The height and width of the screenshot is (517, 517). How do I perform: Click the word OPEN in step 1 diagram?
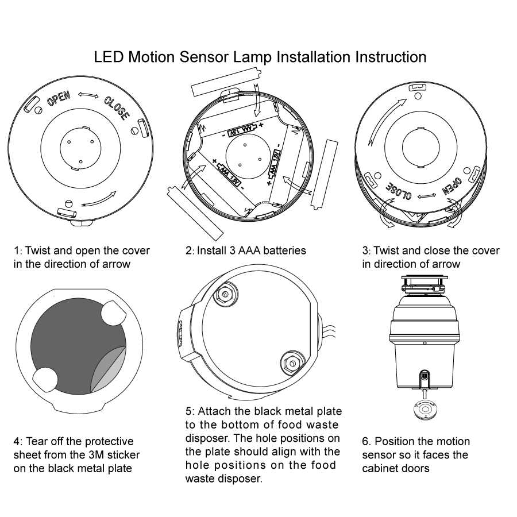(59, 99)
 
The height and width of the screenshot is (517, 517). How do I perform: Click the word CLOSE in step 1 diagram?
(117, 107)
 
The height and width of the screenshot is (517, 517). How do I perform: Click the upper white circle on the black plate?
(113, 313)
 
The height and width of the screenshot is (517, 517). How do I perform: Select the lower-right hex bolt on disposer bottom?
(291, 364)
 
